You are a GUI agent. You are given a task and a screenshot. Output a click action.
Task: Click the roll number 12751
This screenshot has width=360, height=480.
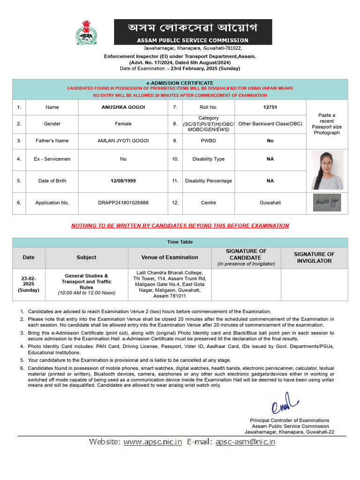270,107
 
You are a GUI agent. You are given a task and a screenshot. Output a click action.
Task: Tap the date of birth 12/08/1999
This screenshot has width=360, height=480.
123,181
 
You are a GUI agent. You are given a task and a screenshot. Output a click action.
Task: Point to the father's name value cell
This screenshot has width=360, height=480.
123,141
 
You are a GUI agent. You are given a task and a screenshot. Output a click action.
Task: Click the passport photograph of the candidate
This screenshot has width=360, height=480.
327,170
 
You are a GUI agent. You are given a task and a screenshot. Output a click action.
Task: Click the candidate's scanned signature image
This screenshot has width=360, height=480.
327,202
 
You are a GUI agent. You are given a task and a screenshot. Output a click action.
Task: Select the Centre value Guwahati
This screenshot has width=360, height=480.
270,203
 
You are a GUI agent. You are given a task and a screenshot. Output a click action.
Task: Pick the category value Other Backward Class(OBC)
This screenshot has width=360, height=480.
270,124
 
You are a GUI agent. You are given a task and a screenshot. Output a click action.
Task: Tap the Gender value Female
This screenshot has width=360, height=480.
123,124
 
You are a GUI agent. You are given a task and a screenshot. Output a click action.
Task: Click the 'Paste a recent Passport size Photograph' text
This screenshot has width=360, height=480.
327,124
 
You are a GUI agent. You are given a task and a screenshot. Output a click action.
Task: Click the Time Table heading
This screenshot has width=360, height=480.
180,242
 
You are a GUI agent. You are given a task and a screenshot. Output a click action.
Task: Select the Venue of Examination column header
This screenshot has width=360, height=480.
170,257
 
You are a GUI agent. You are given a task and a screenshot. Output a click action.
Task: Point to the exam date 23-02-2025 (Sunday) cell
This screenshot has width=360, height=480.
29,284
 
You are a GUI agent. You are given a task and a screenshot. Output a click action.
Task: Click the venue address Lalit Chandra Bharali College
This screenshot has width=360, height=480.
170,273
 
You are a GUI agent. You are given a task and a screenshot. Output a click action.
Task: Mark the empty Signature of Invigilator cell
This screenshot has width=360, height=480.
314,284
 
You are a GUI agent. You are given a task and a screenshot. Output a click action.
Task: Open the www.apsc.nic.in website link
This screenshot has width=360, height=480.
152,442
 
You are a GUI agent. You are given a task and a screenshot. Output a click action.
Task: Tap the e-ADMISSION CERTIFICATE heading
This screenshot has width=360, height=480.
180,82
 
